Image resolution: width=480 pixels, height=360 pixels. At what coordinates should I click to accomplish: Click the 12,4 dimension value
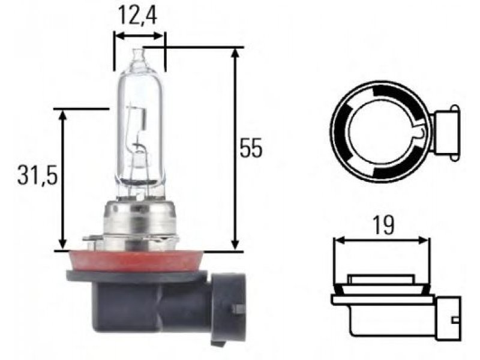coord(137,16)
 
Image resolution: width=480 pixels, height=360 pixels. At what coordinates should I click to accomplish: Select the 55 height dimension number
coord(251,148)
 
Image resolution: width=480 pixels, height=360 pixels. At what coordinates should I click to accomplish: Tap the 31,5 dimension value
coord(37,175)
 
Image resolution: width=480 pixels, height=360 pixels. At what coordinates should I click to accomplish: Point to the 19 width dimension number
coord(383,226)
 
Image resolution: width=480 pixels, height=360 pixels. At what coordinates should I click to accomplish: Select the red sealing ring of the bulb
coord(137,261)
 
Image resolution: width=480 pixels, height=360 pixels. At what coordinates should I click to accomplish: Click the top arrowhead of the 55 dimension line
coord(235,52)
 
